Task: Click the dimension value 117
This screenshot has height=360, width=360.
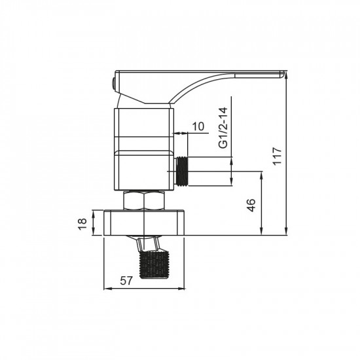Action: click(278, 156)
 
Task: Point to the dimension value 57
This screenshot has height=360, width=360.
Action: click(128, 281)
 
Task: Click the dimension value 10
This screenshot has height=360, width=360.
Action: click(198, 126)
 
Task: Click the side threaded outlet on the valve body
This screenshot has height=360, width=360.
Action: click(183, 172)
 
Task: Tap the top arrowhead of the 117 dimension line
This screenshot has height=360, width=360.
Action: click(287, 74)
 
